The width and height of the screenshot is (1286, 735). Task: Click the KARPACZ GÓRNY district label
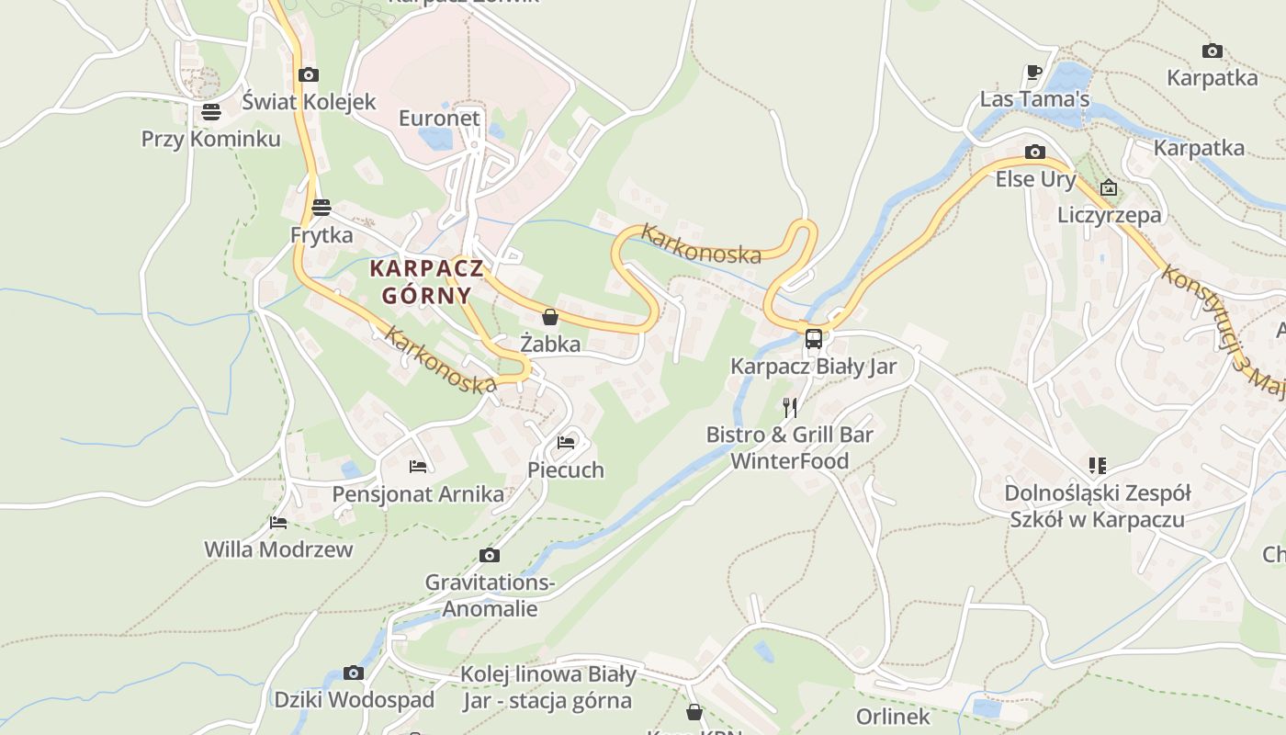tap(421, 282)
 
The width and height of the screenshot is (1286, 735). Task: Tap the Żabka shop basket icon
tap(550, 318)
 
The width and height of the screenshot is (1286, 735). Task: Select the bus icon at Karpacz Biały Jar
tap(814, 338)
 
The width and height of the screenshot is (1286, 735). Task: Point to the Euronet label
tap(439, 119)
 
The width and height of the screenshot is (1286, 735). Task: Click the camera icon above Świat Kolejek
tap(308, 74)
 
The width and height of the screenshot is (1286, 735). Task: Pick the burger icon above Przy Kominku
tap(211, 112)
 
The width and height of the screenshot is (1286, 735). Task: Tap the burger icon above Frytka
tap(321, 207)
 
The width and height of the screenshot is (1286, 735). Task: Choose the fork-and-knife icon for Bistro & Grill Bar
tap(789, 406)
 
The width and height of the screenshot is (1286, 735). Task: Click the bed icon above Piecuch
tap(566, 443)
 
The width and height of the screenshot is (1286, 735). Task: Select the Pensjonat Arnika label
tap(418, 494)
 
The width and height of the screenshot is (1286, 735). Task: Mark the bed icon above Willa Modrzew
tap(278, 523)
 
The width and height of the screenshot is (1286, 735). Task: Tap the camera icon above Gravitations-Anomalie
tap(490, 555)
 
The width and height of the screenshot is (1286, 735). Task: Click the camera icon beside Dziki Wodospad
tap(354, 673)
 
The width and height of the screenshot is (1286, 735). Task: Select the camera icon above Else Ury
tap(1035, 153)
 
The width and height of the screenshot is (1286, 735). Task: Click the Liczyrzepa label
tap(1110, 215)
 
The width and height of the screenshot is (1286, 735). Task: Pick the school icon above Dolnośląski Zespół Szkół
tap(1097, 466)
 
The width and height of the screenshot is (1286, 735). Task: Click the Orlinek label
tap(893, 717)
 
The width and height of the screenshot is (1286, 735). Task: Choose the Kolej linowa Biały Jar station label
tap(547, 687)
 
